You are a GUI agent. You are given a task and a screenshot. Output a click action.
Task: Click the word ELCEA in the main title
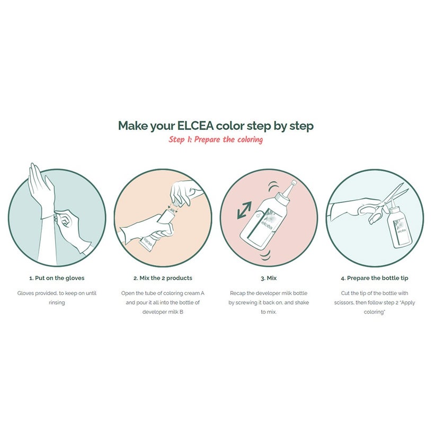coord(195,126)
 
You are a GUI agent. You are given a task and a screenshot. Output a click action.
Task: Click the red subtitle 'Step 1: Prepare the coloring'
coord(216,140)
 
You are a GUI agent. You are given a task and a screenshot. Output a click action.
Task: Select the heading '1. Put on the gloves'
coord(57,278)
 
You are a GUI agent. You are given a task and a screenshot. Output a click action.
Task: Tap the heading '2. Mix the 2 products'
coord(163,278)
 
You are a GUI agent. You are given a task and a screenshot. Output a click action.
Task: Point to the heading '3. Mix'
coord(269,278)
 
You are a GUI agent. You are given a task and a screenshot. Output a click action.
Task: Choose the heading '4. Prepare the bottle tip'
coord(375,278)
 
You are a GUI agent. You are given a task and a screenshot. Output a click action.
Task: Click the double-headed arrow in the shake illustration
coord(244,210)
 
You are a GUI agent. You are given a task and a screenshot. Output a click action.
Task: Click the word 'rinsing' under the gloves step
coord(57,302)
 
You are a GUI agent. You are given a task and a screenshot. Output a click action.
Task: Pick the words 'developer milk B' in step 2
coord(163,312)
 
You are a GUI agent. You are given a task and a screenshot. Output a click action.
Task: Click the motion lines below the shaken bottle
coord(265,255)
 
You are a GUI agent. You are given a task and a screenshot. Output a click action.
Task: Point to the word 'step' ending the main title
coord(301,126)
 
